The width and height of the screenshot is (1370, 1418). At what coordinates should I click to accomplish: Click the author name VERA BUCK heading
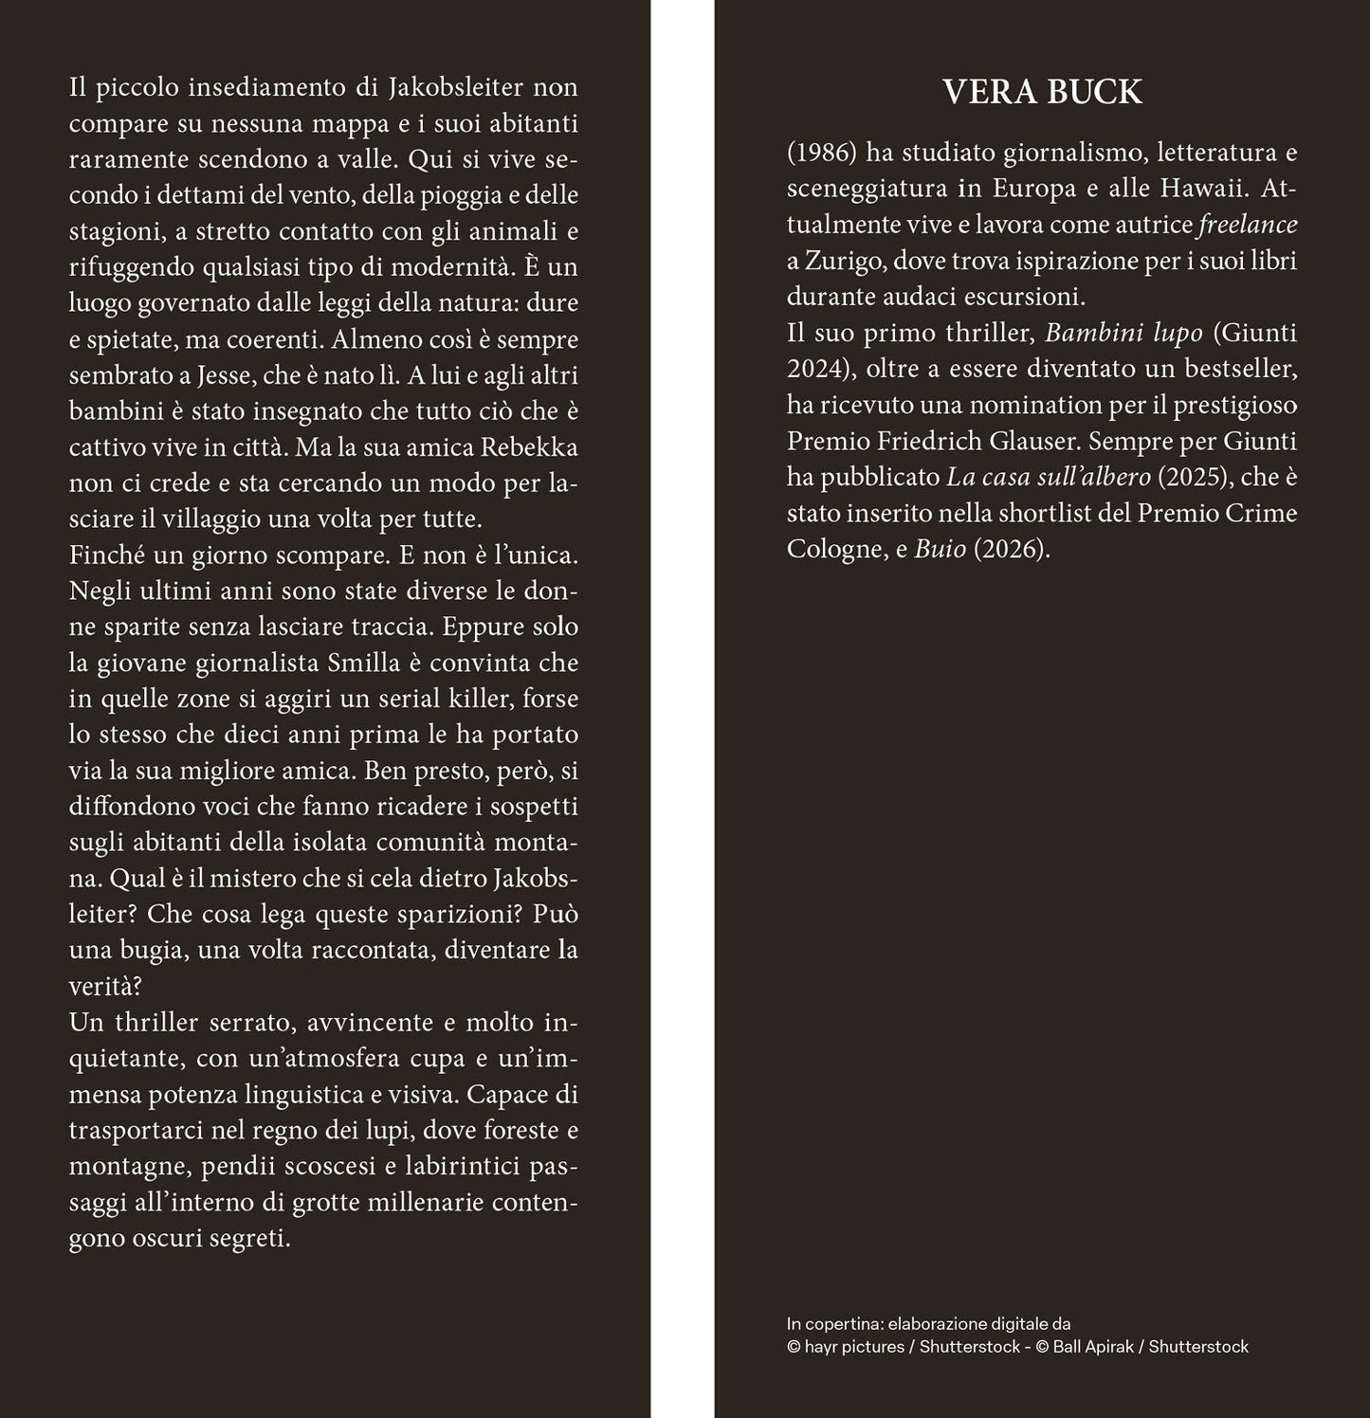(x=1042, y=92)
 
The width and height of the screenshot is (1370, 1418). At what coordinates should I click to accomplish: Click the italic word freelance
(x=1248, y=225)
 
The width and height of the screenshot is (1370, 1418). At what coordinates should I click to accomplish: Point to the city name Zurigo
(x=842, y=261)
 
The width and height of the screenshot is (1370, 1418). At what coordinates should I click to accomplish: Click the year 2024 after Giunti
(x=813, y=370)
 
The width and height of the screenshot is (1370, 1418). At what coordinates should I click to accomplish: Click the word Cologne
(x=829, y=550)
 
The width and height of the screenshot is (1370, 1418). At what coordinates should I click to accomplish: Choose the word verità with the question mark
(x=105, y=987)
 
